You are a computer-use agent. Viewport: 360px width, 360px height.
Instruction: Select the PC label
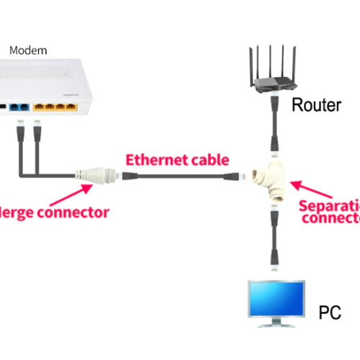click(x=329, y=313)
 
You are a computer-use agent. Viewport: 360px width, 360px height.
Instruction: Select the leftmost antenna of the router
click(x=250, y=60)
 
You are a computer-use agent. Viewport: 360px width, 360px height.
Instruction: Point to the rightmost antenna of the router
click(x=294, y=60)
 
